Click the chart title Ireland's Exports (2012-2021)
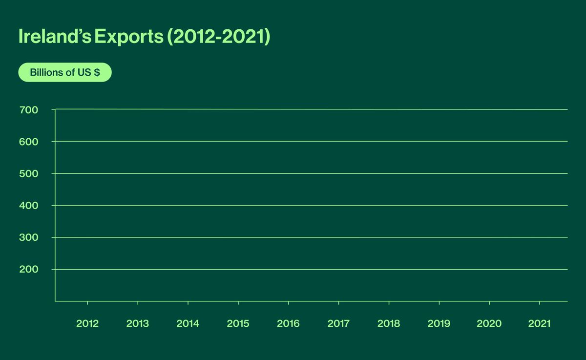(x=144, y=37)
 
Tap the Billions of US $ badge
(x=65, y=73)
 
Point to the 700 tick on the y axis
(x=29, y=110)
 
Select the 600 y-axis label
(x=29, y=142)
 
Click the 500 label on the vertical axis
(x=29, y=174)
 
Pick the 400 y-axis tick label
(x=29, y=206)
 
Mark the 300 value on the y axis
(x=29, y=238)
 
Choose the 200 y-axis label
(x=29, y=270)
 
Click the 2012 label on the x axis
(x=87, y=323)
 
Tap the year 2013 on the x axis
(x=138, y=323)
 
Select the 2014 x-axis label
(x=188, y=323)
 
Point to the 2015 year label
(x=238, y=323)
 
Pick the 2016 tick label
(x=288, y=323)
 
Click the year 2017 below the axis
(x=338, y=323)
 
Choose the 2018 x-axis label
(x=389, y=323)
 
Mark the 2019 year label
(x=439, y=323)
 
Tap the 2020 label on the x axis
(x=489, y=323)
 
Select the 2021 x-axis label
(x=539, y=323)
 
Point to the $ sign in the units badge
(x=97, y=73)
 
